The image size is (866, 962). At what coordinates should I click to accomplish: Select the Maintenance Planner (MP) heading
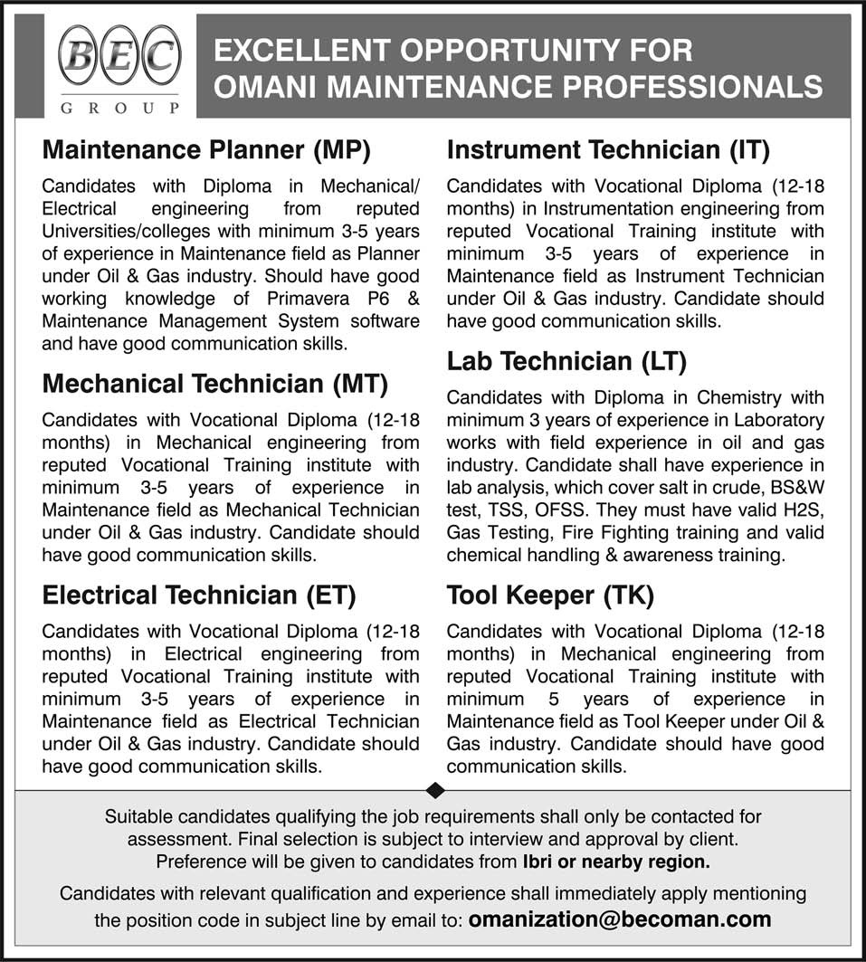[207, 149]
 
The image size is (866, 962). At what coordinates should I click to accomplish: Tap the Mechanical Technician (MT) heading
[215, 385]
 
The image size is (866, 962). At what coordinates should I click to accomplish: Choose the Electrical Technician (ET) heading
[199, 595]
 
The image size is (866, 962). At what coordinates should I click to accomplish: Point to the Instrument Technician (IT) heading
[608, 149]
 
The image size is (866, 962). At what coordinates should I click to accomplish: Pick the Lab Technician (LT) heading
[567, 362]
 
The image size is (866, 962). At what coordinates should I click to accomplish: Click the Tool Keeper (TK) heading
[550, 595]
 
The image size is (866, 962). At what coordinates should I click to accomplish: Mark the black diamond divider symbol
[434, 790]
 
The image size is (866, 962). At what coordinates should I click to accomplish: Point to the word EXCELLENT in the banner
[299, 50]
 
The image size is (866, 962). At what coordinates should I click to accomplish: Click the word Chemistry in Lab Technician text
[725, 397]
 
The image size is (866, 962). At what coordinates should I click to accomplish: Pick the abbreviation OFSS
[566, 510]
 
